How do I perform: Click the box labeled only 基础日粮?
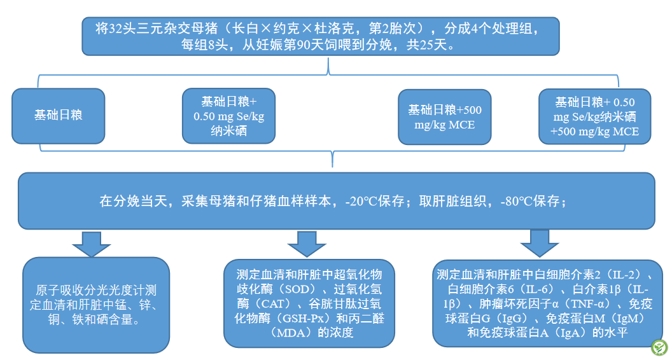click(x=59, y=116)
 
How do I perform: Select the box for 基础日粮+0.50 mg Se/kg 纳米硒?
click(x=229, y=116)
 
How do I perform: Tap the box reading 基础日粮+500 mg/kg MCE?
click(x=445, y=117)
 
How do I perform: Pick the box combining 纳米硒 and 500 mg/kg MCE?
click(x=595, y=116)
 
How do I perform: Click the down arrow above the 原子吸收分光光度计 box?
click(x=91, y=244)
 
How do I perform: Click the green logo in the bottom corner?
click(x=659, y=347)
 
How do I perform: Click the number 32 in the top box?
click(x=116, y=29)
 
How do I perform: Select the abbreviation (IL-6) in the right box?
click(x=537, y=289)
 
